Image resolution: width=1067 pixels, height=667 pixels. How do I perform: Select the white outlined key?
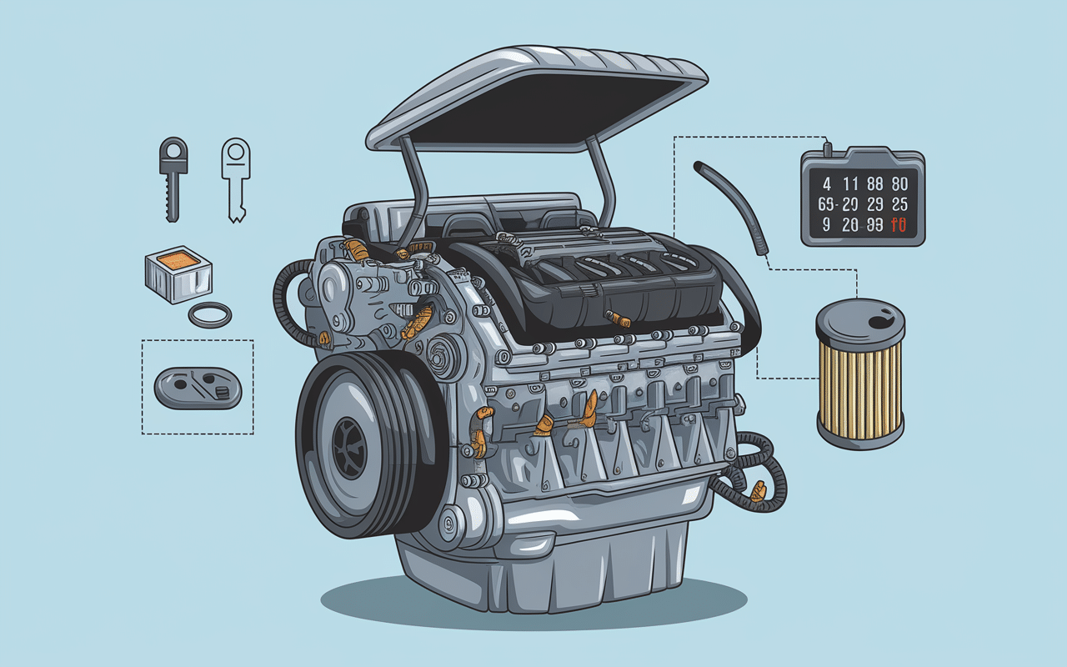(x=236, y=179)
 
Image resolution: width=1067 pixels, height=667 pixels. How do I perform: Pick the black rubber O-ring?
(x=209, y=316)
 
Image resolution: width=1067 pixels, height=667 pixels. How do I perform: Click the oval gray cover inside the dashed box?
(x=198, y=389)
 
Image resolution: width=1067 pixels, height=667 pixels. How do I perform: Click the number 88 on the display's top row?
(x=872, y=184)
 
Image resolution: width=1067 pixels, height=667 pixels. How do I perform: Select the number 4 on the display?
(x=826, y=184)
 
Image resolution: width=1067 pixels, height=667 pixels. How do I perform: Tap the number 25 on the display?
(x=899, y=204)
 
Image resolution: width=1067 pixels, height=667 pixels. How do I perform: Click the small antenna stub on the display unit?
(x=827, y=148)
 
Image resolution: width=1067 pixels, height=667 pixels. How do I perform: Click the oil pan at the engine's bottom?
(x=542, y=567)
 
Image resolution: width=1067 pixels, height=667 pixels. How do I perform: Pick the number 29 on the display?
(x=874, y=204)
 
